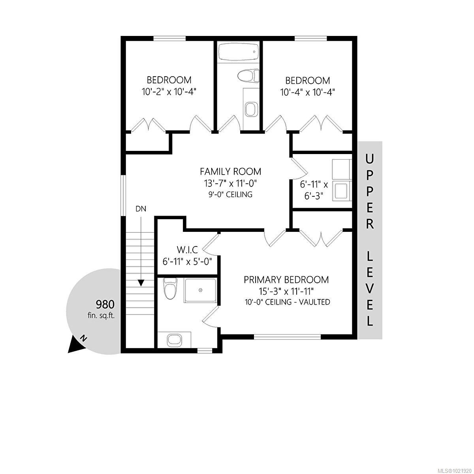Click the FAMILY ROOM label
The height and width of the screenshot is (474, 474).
[230, 171]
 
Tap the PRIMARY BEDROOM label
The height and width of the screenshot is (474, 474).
[286, 280]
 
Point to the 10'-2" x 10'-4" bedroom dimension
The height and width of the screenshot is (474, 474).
[169, 92]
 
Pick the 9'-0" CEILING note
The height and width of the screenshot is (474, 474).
[230, 194]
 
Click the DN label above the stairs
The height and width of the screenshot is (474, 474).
[141, 209]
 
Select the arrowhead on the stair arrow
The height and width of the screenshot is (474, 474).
[141, 282]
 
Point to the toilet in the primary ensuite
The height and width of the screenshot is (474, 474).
[170, 289]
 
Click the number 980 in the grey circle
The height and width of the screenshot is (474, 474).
[105, 304]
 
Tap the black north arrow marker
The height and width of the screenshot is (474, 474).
[77, 344]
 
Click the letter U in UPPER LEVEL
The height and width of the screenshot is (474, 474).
[370, 159]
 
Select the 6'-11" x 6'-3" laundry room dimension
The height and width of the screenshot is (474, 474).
[314, 190]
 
